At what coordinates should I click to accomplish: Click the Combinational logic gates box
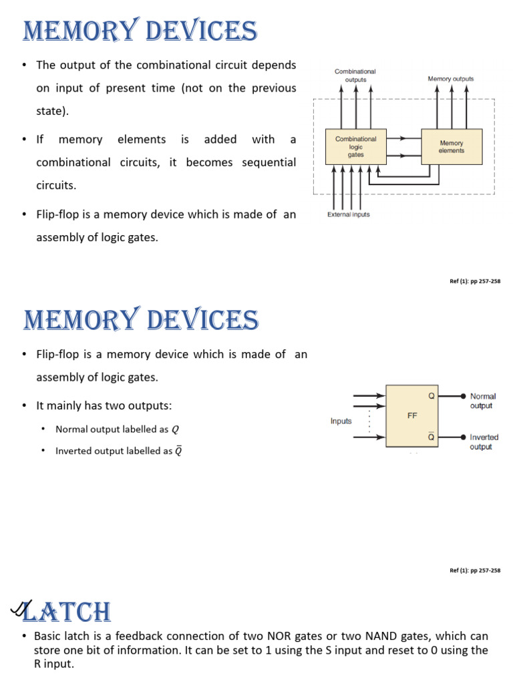[x=355, y=147]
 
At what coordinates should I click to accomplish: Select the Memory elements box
[x=452, y=147]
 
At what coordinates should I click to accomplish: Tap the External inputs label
[x=348, y=214]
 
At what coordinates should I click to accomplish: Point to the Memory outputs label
[x=451, y=79]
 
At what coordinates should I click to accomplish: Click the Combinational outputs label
[x=355, y=75]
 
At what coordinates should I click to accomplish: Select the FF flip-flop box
[x=413, y=415]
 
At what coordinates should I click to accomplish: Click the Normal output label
[x=483, y=401]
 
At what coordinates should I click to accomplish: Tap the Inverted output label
[x=484, y=442]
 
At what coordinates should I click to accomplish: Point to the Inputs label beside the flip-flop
[x=341, y=421]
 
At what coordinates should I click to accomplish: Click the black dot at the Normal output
[x=464, y=396]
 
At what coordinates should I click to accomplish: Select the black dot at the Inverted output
[x=464, y=437]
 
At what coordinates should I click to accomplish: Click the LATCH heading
[x=67, y=612]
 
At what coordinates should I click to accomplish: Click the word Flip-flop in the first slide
[x=57, y=214]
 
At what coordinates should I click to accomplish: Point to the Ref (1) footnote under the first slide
[x=475, y=281]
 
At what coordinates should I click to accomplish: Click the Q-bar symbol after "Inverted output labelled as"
[x=178, y=451]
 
